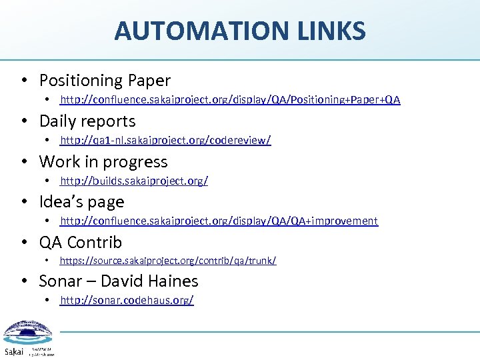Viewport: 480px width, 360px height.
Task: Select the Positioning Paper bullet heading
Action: coord(105,81)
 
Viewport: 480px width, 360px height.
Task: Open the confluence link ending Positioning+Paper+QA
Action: coord(230,100)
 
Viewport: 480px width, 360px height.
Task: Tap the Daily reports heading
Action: coord(87,121)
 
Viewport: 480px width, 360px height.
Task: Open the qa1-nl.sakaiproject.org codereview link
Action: coord(165,141)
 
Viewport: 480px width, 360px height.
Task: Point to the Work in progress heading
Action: coord(103,162)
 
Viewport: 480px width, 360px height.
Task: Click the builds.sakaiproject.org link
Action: coord(134,181)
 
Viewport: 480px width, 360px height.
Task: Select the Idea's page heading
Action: coord(81,202)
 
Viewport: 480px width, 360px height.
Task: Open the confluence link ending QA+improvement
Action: coord(219,221)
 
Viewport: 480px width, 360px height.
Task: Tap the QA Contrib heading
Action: coord(81,243)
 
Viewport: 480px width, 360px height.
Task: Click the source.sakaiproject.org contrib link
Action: coord(168,261)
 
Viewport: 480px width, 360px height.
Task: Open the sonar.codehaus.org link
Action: coord(127,301)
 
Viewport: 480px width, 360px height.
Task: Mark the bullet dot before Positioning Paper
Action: coord(24,81)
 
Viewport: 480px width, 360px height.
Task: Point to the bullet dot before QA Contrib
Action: coord(24,243)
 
